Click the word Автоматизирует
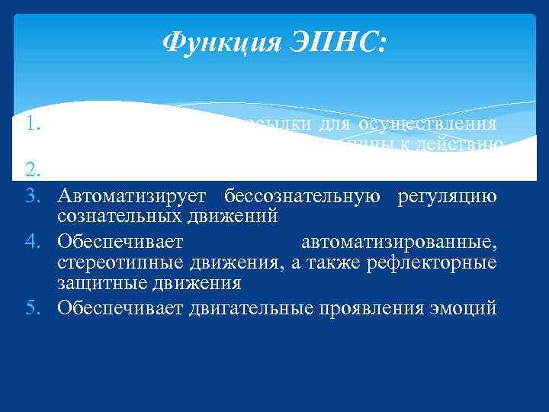(x=133, y=197)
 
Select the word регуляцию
(x=448, y=197)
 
